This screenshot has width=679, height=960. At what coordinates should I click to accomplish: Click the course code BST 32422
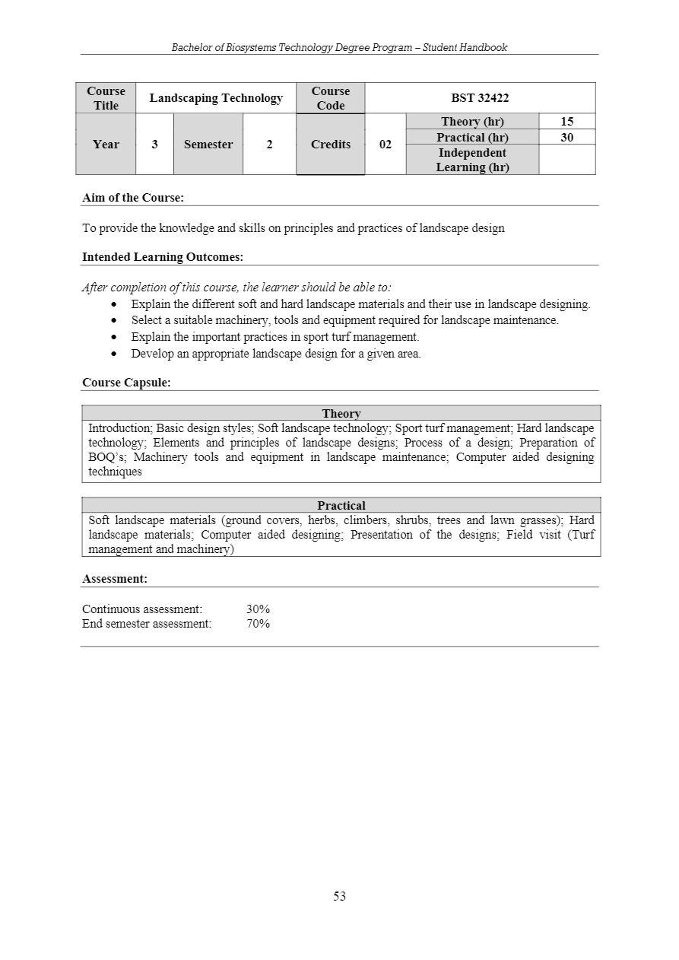[x=480, y=98]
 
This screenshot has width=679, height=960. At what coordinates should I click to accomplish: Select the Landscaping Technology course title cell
[x=216, y=98]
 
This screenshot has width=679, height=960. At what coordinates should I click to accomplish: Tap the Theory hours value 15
[x=566, y=122]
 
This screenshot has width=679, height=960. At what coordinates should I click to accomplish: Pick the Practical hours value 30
[x=566, y=138]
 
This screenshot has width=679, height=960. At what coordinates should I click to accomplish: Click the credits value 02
[x=386, y=145]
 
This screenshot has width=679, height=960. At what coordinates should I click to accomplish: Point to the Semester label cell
[x=208, y=145]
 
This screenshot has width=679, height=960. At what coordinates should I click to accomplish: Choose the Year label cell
[x=106, y=145]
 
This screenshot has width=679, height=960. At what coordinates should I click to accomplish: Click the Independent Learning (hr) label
[x=472, y=160]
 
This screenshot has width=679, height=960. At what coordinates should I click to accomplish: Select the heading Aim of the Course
[x=133, y=198]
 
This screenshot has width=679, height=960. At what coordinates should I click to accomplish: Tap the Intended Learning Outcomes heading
[x=163, y=257]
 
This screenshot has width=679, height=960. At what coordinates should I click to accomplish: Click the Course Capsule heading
[x=126, y=383]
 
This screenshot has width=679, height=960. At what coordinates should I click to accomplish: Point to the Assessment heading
[x=115, y=579]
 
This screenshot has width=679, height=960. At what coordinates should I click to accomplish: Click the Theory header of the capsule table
[x=341, y=414]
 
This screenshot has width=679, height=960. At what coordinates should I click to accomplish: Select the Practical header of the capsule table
[x=341, y=506]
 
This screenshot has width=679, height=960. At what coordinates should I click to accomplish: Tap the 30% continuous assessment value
[x=259, y=609]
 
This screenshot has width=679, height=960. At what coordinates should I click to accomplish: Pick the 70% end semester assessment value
[x=259, y=624]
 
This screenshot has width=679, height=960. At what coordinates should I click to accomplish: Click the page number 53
[x=339, y=897]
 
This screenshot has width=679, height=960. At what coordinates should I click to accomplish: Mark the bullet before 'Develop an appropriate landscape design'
[x=114, y=354]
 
